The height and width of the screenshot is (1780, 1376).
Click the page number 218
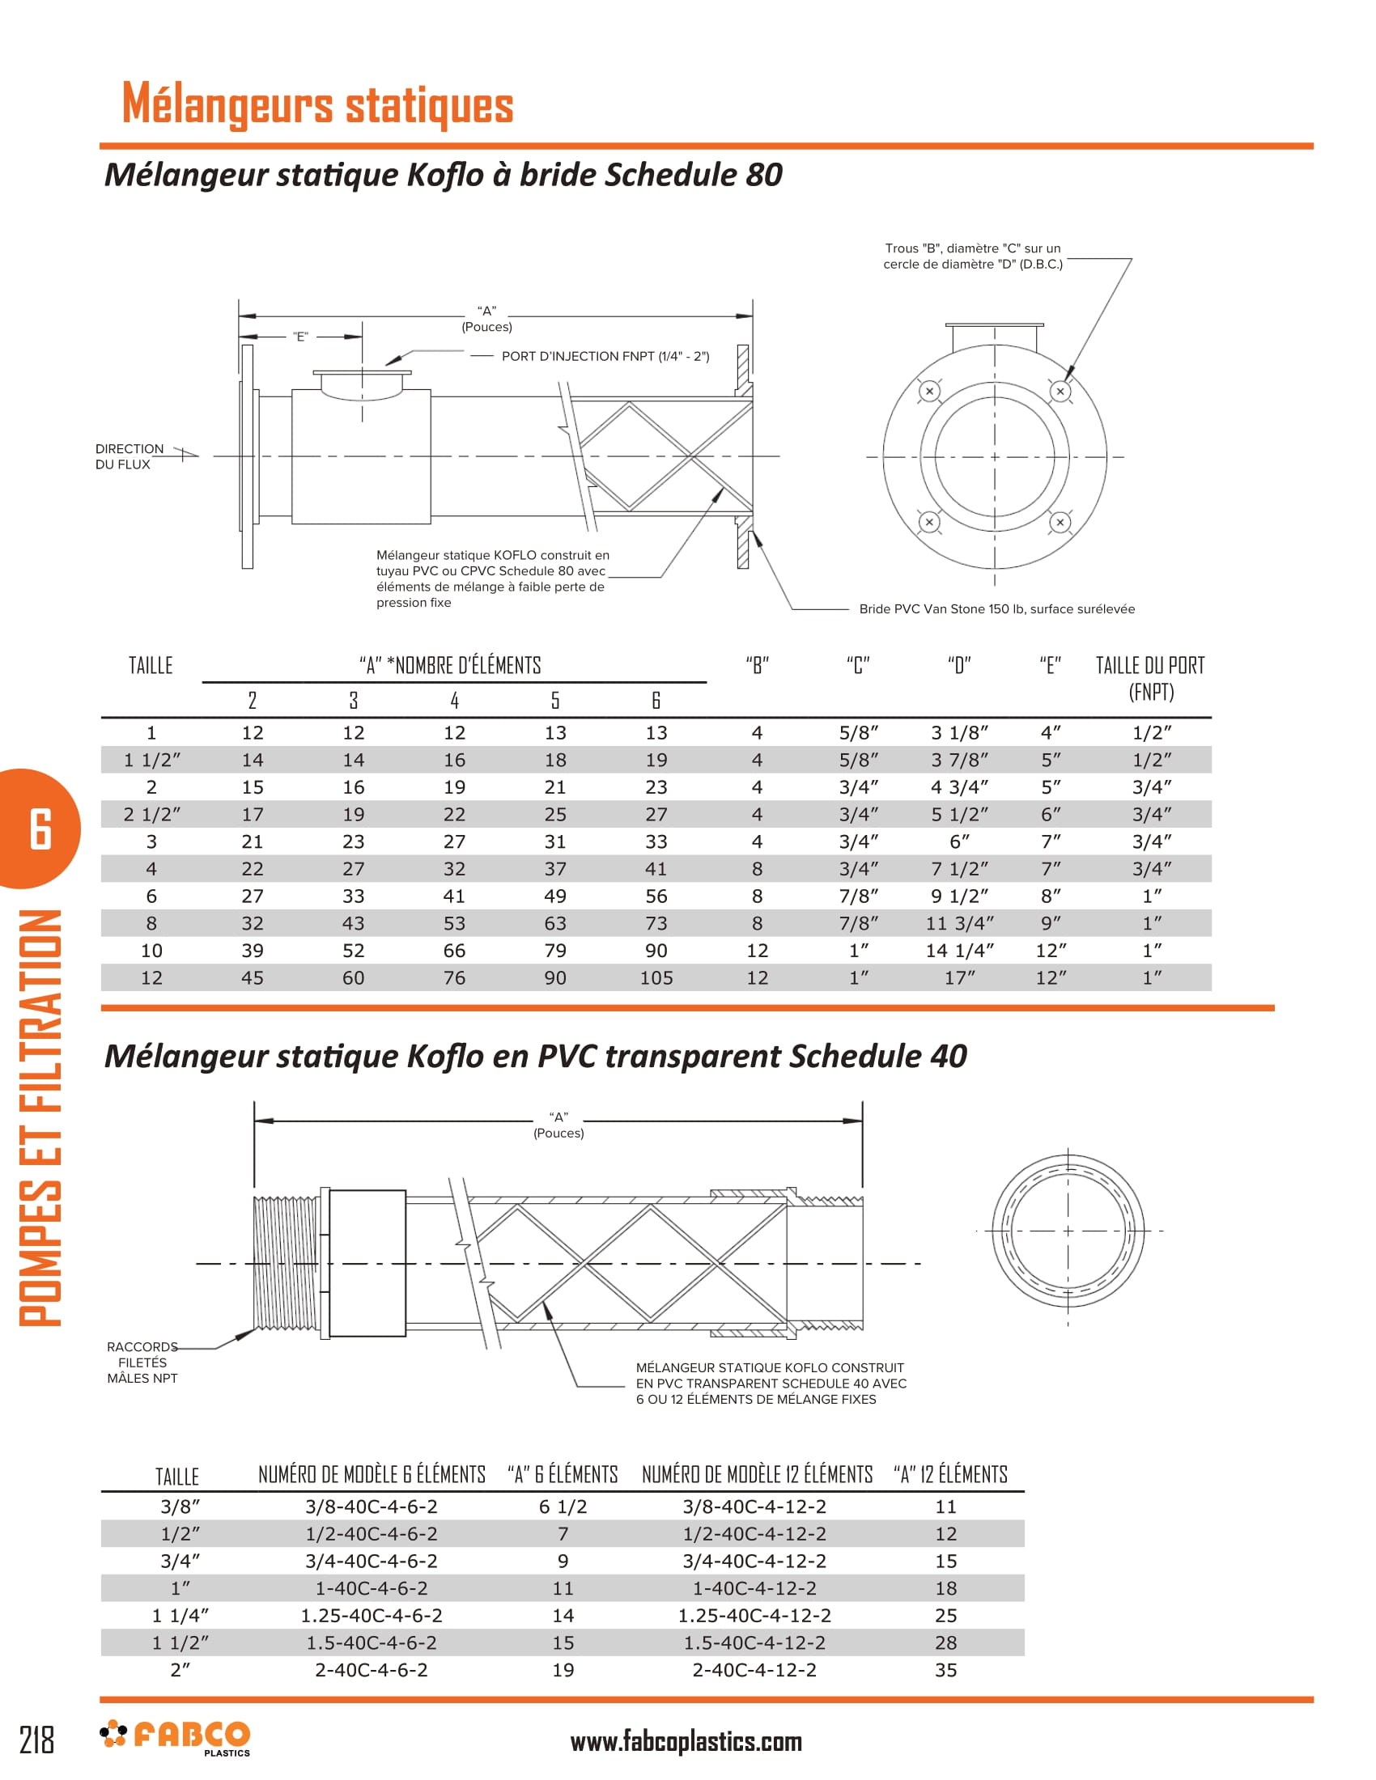click(36, 1740)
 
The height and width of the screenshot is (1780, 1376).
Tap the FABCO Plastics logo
click(176, 1737)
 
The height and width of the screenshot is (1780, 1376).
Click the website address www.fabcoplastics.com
click(686, 1742)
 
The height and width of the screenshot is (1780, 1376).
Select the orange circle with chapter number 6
click(39, 828)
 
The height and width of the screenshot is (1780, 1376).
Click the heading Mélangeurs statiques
click(317, 104)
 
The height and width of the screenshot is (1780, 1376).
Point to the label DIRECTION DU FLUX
click(129, 456)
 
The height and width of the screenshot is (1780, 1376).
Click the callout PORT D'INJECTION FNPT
click(605, 356)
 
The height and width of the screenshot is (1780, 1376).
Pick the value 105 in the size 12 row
click(656, 977)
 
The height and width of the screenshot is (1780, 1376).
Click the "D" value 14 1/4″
click(959, 951)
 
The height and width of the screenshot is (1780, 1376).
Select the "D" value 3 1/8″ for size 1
click(959, 733)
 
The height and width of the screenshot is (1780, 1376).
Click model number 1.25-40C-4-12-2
click(754, 1616)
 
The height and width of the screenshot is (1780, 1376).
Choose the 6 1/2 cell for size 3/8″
click(563, 1507)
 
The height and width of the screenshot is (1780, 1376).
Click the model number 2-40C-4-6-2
click(371, 1670)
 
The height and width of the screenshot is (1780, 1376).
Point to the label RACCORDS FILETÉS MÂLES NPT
click(142, 1362)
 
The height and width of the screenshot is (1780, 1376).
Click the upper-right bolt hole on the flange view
click(1060, 392)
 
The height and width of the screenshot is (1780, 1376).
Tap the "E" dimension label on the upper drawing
click(301, 337)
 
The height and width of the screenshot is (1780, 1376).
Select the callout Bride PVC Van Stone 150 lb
click(996, 608)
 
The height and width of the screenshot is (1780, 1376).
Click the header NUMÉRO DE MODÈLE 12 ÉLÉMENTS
click(757, 1474)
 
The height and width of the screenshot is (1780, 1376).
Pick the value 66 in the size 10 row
click(454, 951)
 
